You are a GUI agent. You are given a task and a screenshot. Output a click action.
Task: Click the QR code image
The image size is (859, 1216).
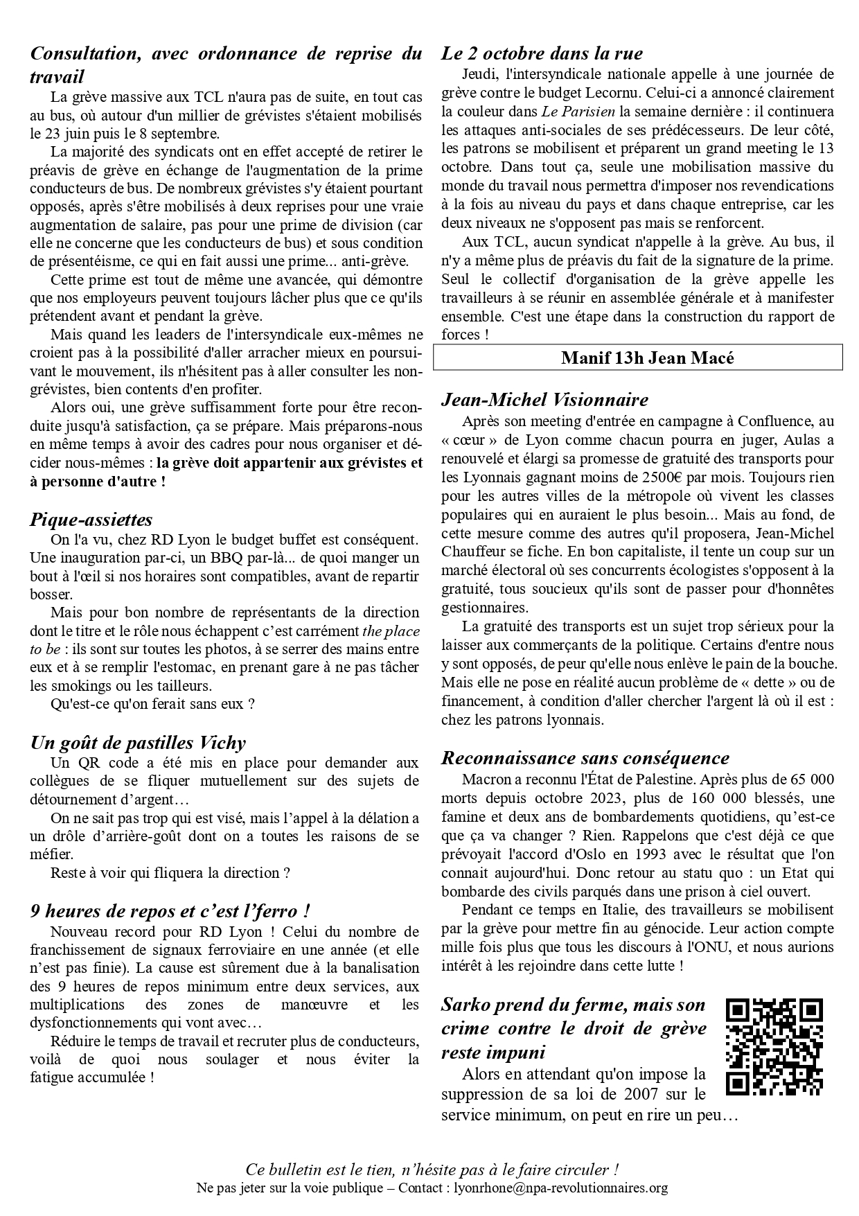774,1047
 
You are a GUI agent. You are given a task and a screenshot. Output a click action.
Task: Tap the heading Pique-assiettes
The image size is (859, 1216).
91,520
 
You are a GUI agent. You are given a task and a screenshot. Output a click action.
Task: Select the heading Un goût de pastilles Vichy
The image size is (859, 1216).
138,743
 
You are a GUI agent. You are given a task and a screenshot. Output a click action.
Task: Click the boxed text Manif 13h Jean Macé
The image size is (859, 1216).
637,358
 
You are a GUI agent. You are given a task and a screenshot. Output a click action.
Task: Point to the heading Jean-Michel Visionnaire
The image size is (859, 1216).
544,400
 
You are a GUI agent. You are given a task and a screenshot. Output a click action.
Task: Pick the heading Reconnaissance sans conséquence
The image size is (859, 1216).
585,758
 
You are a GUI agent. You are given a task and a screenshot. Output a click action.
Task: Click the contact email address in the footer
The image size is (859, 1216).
560,1188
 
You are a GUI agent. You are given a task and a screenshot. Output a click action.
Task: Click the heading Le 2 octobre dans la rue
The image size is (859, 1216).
542,53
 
